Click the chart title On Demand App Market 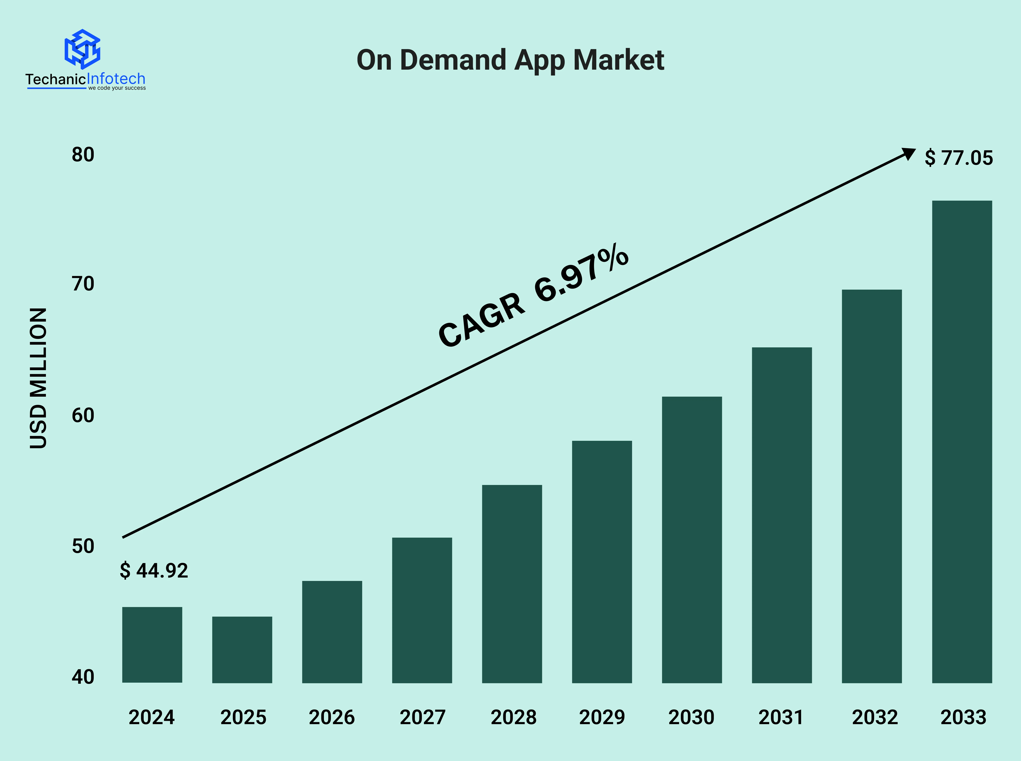click(x=510, y=60)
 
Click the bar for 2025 click(x=242, y=650)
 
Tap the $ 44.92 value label click(x=154, y=571)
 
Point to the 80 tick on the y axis click(x=83, y=155)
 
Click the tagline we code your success click(x=117, y=88)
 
